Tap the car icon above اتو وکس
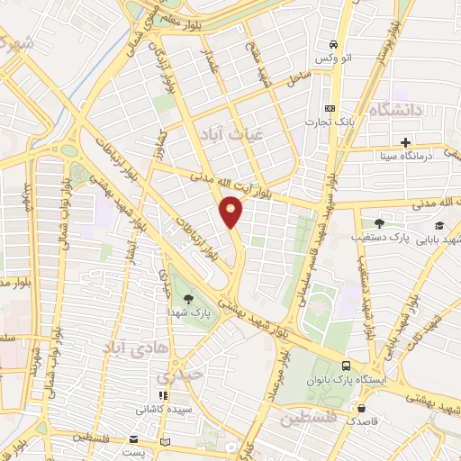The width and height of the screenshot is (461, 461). (x=333, y=44)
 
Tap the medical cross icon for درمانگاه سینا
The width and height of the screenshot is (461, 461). (x=406, y=142)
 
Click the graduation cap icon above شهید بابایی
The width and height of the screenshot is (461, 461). (x=439, y=225)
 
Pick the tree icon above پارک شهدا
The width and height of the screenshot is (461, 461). (x=188, y=299)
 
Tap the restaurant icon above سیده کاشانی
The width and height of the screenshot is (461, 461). (x=162, y=395)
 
